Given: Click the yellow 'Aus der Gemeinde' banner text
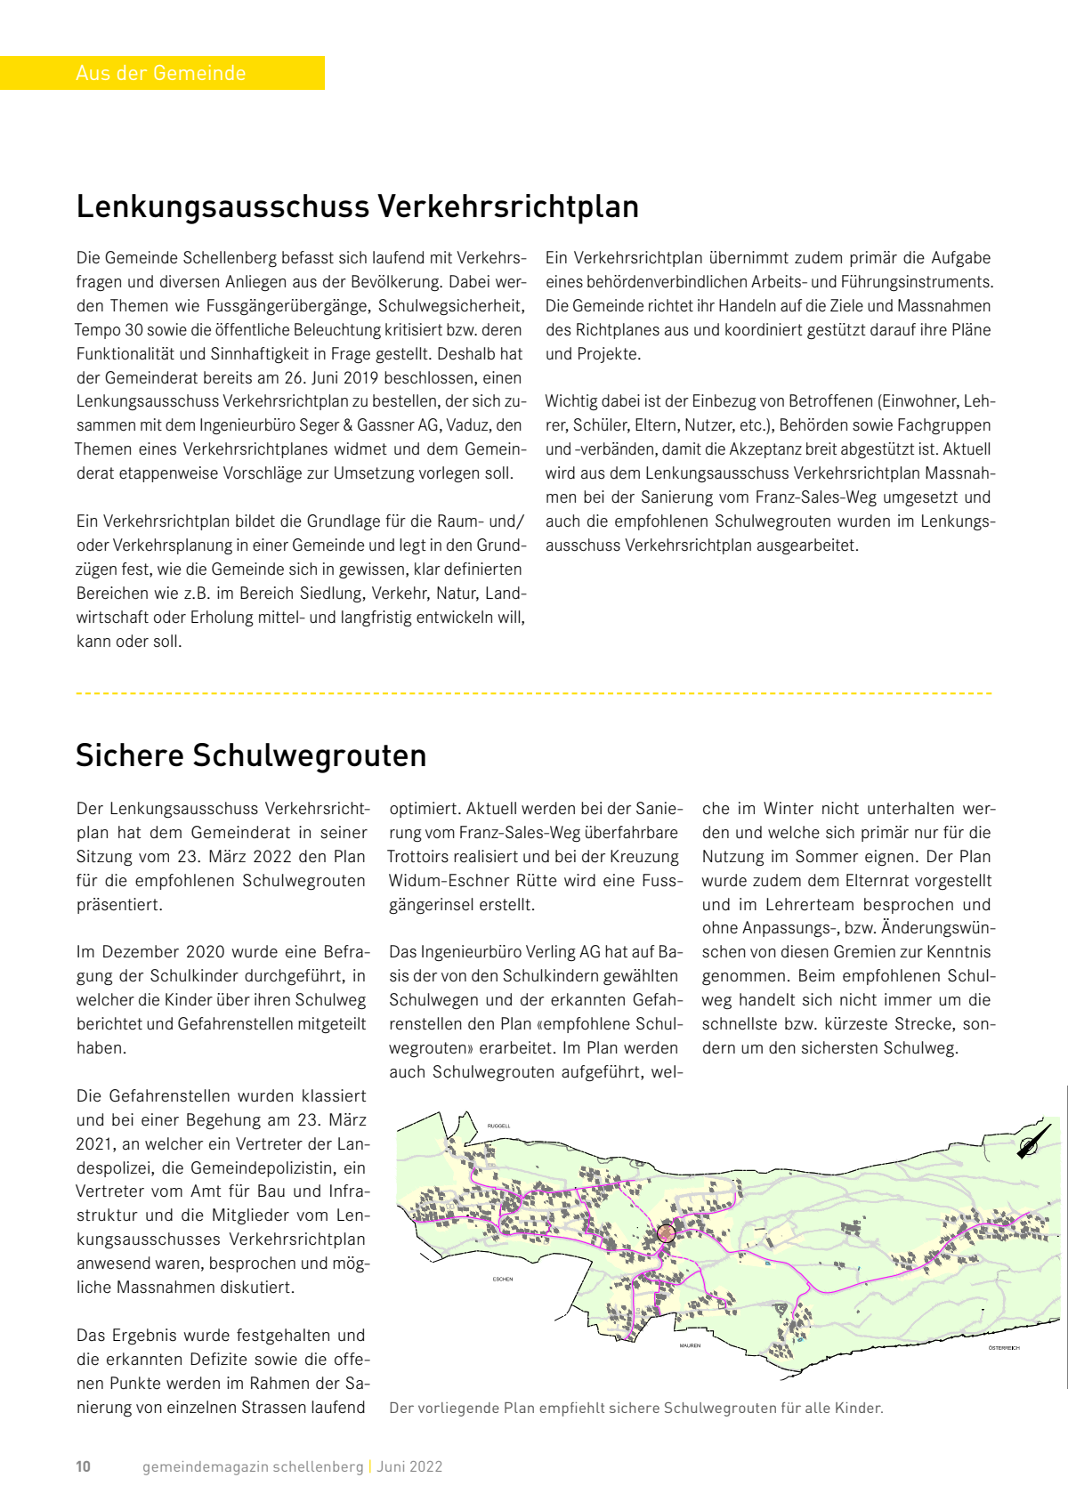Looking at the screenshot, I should [161, 73].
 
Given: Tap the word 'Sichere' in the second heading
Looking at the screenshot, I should [130, 755].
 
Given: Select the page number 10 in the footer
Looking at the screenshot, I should [83, 1466].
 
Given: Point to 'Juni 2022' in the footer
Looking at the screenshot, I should [409, 1466].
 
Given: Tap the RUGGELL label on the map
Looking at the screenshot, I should [498, 1126].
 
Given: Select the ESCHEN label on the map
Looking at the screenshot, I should [503, 1279].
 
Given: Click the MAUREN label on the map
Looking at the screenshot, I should [690, 1345].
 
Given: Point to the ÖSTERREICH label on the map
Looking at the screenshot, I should [1003, 1348].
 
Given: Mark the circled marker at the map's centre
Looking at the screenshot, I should [666, 1233].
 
